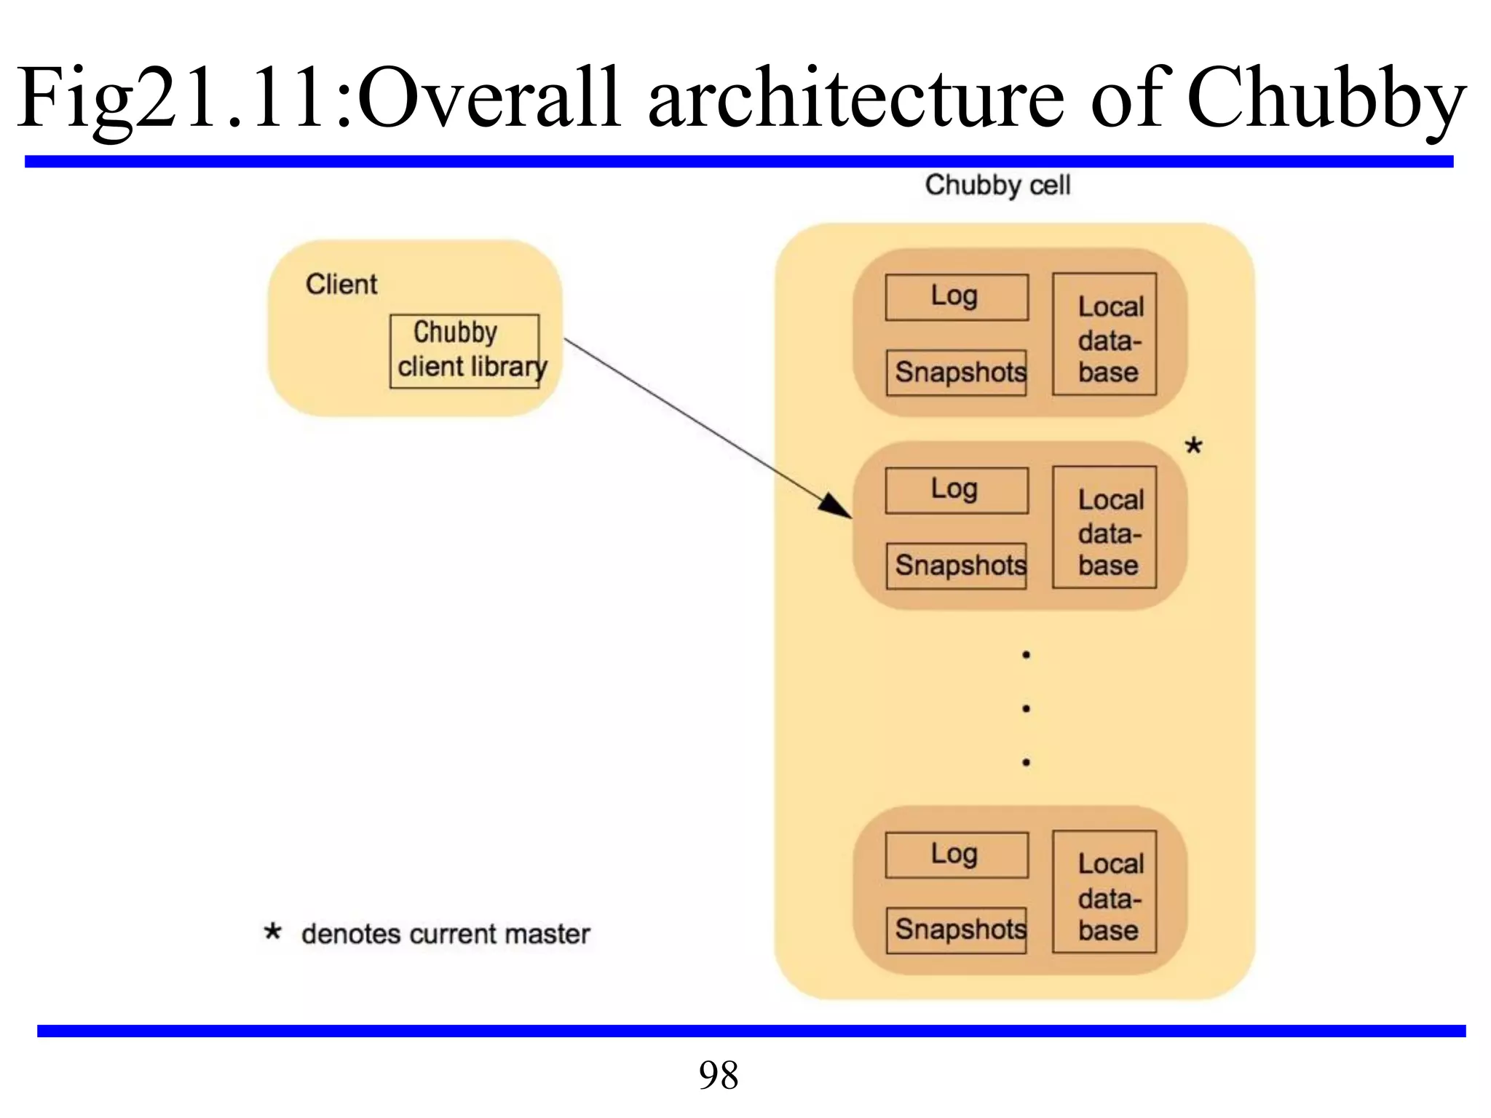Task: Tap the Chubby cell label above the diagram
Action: (997, 185)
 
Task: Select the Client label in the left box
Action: (341, 284)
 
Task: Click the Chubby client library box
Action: (464, 351)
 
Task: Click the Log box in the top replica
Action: (956, 297)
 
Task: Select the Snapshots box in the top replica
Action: (956, 373)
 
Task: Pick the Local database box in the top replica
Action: (1104, 335)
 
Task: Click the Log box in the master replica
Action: (956, 490)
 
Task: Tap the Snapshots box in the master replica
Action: (956, 566)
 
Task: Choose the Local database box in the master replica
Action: (1104, 528)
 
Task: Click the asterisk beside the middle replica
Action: (1193, 445)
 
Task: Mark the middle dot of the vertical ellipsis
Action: (1026, 708)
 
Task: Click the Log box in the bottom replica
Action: (956, 855)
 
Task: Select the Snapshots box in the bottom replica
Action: (956, 929)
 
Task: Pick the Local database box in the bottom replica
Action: (1104, 892)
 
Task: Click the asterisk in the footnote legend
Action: (272, 932)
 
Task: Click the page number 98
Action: (719, 1075)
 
